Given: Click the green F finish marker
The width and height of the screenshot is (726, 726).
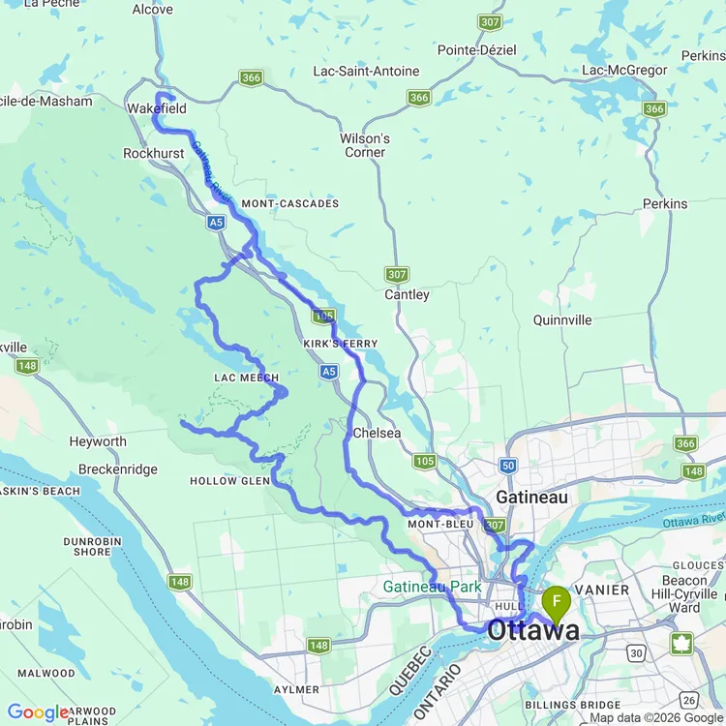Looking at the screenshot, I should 557,603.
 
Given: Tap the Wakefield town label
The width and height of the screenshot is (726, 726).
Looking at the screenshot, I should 156,109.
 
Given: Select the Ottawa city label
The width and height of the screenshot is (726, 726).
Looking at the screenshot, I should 533,630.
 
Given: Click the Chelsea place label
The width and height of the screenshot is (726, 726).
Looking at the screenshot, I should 377,433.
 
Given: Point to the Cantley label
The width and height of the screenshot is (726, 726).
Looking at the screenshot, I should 407,294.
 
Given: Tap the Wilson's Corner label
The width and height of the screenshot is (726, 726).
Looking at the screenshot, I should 365,145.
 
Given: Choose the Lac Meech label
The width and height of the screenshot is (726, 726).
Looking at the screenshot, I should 246,378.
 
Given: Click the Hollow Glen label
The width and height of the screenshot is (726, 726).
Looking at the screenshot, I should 229,481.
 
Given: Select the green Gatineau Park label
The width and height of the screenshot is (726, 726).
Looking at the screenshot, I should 432,587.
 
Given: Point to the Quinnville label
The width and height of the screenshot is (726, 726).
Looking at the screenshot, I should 562,319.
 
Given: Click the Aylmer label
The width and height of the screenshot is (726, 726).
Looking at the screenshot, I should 296,689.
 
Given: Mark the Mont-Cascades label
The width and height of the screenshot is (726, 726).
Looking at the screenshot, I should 290,204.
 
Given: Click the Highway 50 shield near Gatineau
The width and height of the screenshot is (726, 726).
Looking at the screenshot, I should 509,466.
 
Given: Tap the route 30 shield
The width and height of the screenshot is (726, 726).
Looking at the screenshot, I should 635,654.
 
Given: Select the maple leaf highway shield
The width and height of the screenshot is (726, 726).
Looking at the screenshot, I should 681,644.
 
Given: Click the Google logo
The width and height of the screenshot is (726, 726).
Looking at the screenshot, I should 37,712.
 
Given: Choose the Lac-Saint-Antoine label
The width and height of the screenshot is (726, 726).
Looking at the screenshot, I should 366,71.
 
